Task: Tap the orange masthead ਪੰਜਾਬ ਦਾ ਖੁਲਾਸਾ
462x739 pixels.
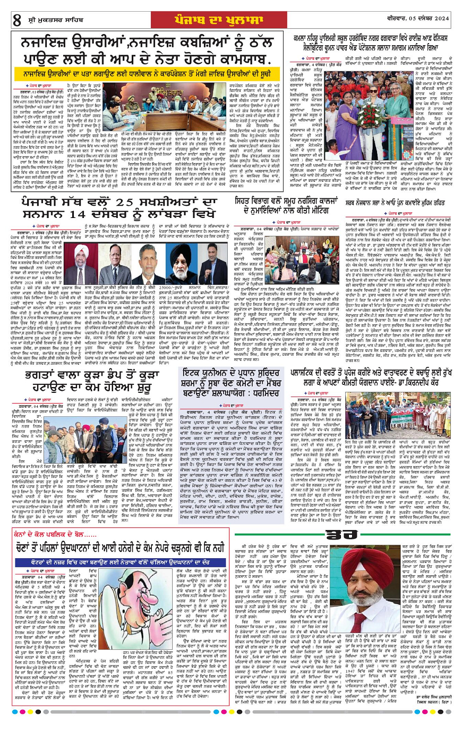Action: pos(232,19)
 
